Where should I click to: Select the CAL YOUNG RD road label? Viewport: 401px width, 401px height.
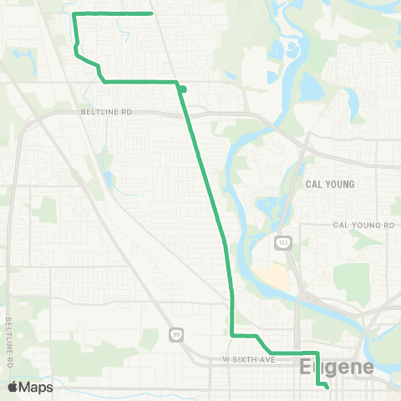(363, 226)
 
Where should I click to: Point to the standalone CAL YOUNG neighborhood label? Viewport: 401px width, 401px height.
(330, 184)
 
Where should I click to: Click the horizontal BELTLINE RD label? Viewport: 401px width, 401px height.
(108, 110)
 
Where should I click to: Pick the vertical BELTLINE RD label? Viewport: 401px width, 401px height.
(8, 343)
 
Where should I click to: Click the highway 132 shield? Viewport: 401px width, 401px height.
(282, 242)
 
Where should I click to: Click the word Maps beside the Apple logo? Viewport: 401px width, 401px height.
(38, 387)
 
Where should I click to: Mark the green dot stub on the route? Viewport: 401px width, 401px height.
(182, 89)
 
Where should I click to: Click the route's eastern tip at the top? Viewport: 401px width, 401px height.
(150, 13)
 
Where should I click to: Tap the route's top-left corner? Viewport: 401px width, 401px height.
(75, 15)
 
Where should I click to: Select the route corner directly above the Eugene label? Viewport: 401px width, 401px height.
(316, 353)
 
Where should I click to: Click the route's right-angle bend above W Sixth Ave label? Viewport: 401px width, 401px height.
(231, 335)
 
